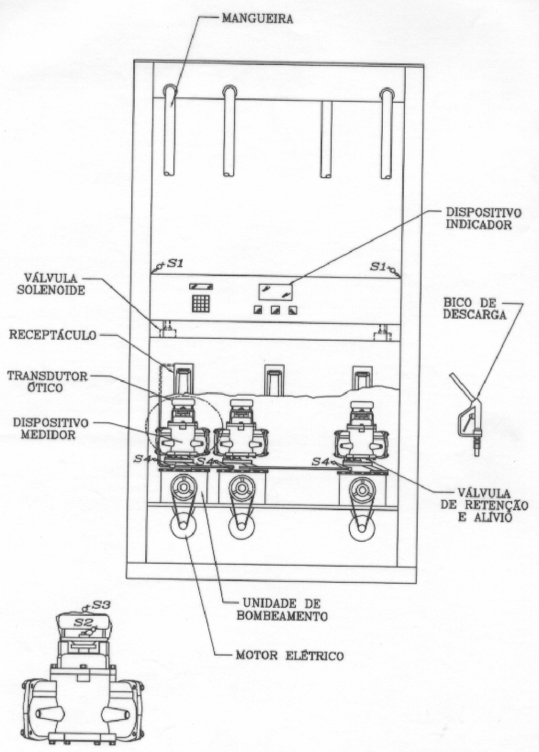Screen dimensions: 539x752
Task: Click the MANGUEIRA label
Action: pyautogui.click(x=257, y=19)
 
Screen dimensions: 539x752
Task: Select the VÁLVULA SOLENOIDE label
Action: pyautogui.click(x=51, y=284)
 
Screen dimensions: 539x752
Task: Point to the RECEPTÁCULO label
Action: pyautogui.click(x=53, y=335)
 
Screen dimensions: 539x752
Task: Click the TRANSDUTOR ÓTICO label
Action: pyautogui.click(x=47, y=382)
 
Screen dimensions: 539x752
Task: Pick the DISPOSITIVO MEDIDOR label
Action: pyautogui.click(x=51, y=429)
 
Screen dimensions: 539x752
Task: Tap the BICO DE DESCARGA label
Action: pyautogui.click(x=474, y=309)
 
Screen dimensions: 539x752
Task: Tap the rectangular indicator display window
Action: pyautogui.click(x=275, y=291)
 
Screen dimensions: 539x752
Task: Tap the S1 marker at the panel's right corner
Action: pyautogui.click(x=385, y=268)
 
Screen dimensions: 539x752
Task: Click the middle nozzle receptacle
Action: pyautogui.click(x=274, y=379)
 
